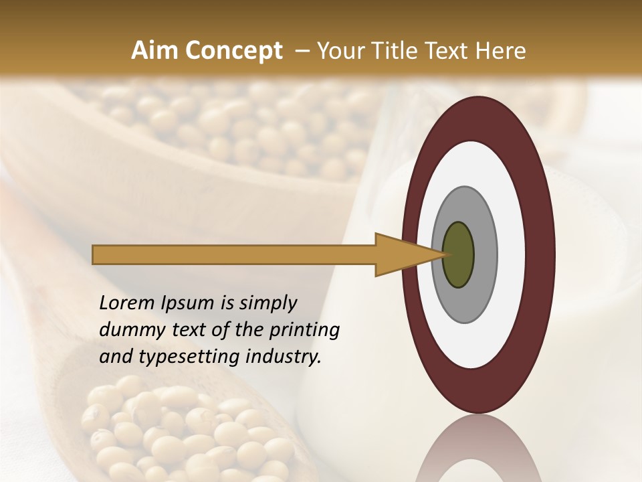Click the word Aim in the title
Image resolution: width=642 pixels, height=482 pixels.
(154, 51)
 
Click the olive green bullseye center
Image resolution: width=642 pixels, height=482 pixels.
(458, 254)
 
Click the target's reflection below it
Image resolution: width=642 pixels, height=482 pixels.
(478, 452)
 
